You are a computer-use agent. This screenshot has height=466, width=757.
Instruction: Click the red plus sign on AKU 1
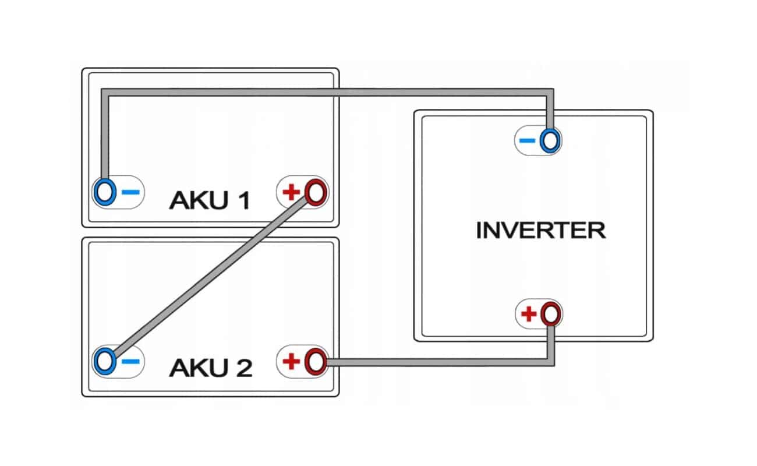pyautogui.click(x=291, y=192)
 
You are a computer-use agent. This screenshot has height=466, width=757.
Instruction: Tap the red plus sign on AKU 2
pyautogui.click(x=291, y=362)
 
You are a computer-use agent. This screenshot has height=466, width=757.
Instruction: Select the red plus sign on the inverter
pyautogui.click(x=529, y=314)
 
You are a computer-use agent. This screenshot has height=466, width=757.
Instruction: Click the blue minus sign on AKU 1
pyautogui.click(x=130, y=192)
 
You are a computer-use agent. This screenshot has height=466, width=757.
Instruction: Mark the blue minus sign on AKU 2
pyautogui.click(x=130, y=362)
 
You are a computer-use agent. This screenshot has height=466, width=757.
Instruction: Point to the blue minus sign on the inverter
pyautogui.click(x=527, y=141)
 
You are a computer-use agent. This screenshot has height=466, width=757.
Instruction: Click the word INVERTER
pyautogui.click(x=541, y=230)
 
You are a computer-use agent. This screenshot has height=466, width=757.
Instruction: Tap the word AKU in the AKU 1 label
pyautogui.click(x=199, y=200)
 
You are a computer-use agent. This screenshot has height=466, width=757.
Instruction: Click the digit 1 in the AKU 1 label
pyautogui.click(x=244, y=200)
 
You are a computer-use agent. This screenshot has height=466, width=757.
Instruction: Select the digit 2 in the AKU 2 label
pyautogui.click(x=244, y=368)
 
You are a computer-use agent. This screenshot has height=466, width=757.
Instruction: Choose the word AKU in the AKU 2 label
pyautogui.click(x=199, y=368)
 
